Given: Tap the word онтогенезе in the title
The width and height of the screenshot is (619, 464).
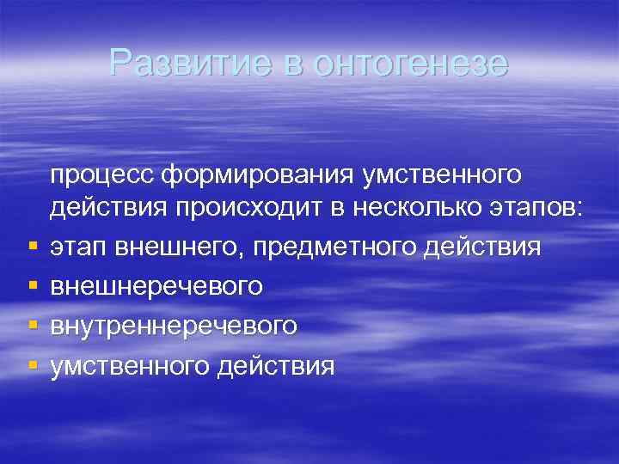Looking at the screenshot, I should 411,63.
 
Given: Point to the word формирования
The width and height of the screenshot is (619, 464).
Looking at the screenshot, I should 259,174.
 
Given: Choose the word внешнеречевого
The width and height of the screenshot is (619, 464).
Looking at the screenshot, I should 156,286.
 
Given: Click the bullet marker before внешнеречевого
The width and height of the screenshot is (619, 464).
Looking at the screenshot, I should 32,286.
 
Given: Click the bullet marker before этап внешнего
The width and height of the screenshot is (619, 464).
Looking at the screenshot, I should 32,247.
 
